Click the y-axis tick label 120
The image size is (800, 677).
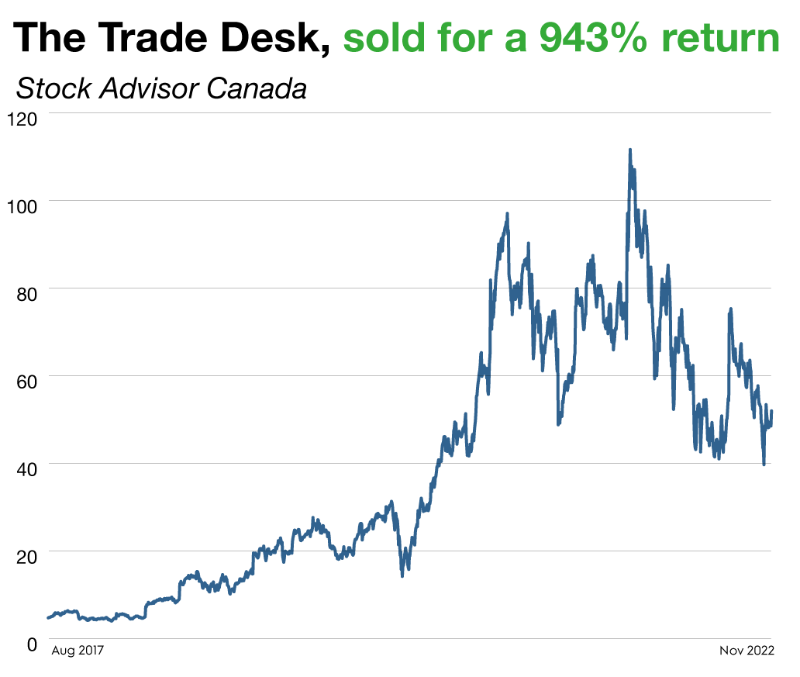22,120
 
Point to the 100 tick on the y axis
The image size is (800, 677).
22,209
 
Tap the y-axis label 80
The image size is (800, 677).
26,296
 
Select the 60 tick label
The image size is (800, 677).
26,384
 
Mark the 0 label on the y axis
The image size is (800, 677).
32,645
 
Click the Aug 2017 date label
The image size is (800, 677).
78,651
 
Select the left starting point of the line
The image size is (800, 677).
48,618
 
